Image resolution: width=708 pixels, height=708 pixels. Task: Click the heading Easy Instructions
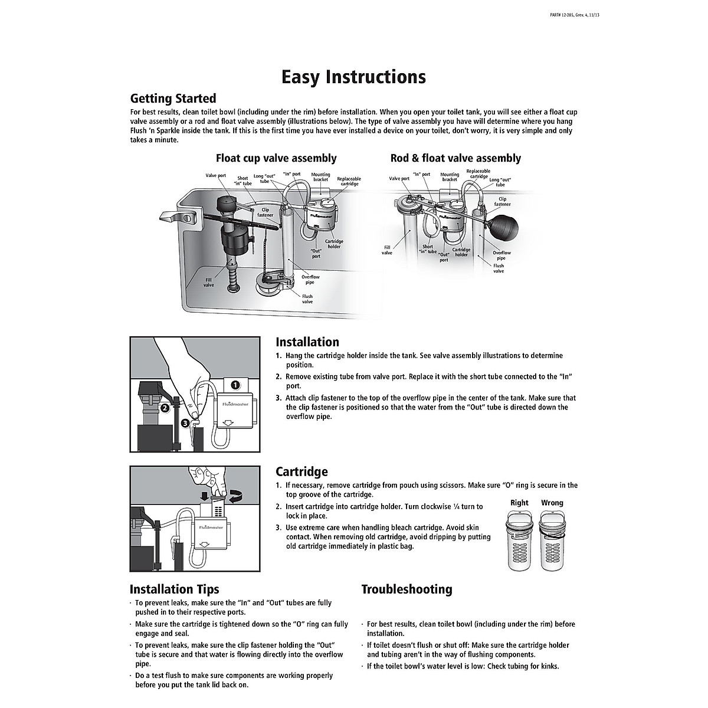pyautogui.click(x=353, y=77)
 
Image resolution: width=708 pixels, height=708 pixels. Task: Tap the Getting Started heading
pyautogui.click(x=173, y=99)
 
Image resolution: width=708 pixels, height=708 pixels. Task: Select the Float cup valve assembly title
pyautogui.click(x=276, y=158)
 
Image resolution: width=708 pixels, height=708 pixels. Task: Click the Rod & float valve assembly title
pyautogui.click(x=455, y=158)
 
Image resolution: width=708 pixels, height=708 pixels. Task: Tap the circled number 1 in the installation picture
pyautogui.click(x=235, y=385)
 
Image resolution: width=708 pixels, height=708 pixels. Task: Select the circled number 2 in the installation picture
pyautogui.click(x=165, y=407)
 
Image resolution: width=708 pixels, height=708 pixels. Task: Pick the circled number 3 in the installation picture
pyautogui.click(x=185, y=422)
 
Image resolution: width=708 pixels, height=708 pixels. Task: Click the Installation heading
pyautogui.click(x=307, y=342)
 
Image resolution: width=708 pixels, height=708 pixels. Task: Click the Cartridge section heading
pyautogui.click(x=301, y=472)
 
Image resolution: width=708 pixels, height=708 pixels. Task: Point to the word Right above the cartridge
pyautogui.click(x=519, y=503)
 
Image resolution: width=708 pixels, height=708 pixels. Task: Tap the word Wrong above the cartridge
pyautogui.click(x=552, y=503)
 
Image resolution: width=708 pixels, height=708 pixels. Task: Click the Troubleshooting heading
pyautogui.click(x=407, y=589)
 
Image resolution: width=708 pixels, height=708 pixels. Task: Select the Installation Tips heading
pyautogui.click(x=174, y=589)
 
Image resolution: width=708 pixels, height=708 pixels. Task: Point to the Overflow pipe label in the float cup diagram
pyautogui.click(x=310, y=280)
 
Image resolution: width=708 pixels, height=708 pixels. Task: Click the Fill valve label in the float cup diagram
pyautogui.click(x=209, y=283)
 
